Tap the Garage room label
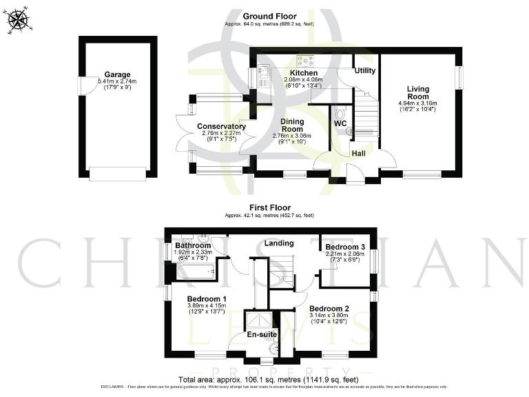tap(117, 74)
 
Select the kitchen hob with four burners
tap(304, 61)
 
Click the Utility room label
tap(364, 70)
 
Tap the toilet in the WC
tap(340, 114)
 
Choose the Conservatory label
tap(221, 126)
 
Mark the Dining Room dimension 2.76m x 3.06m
tap(292, 136)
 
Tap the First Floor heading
tap(269, 207)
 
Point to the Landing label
tap(279, 243)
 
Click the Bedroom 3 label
tap(345, 247)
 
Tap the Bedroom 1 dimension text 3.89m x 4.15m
tap(207, 305)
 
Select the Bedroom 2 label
tap(329, 308)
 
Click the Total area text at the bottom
tap(268, 379)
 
